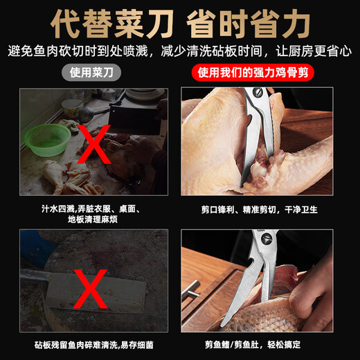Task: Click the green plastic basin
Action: [x=48, y=138]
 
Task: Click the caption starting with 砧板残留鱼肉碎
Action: [x=93, y=345]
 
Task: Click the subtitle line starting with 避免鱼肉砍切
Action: [x=180, y=51]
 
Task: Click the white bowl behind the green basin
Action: [x=72, y=107]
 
